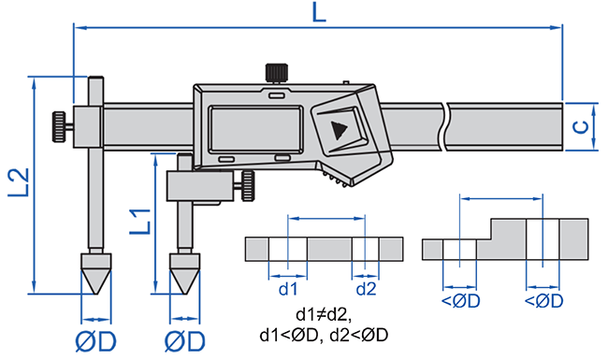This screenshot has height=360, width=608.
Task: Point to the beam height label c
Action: (x=581, y=127)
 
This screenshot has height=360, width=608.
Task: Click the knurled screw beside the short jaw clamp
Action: (x=251, y=184)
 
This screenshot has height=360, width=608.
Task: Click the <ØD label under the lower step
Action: (x=460, y=301)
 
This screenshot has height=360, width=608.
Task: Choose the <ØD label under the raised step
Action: (x=543, y=301)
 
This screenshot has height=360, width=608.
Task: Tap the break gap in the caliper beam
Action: (x=447, y=127)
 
